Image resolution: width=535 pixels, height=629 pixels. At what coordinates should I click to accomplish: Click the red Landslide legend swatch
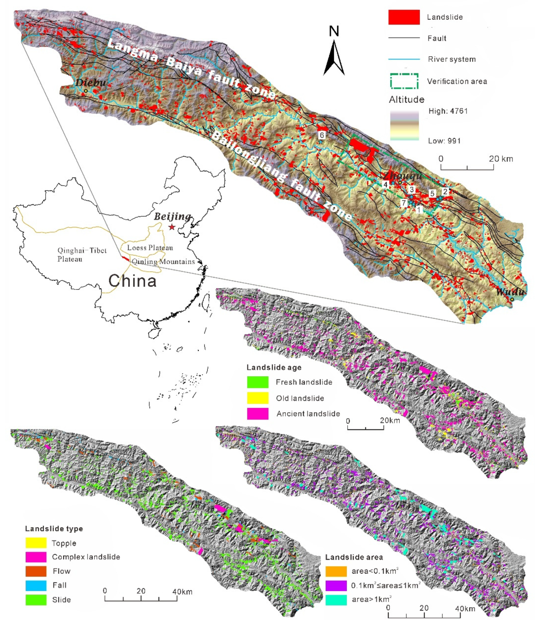tap(404, 17)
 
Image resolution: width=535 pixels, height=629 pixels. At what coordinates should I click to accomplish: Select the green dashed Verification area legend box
tap(404, 81)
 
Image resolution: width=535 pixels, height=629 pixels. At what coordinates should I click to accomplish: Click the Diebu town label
tap(91, 82)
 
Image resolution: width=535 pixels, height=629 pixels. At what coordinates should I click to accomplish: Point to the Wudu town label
tap(510, 292)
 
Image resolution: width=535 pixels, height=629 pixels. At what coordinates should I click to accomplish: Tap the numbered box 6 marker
tap(322, 135)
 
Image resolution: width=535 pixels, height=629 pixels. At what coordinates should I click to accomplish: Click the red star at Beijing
tap(172, 227)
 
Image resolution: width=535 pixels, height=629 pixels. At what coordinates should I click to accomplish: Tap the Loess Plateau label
tap(150, 248)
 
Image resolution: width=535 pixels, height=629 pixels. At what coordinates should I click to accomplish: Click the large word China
tap(133, 281)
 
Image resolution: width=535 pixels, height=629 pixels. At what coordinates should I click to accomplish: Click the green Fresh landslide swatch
tap(257, 382)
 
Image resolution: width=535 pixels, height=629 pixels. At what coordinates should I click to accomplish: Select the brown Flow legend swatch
tap(36, 571)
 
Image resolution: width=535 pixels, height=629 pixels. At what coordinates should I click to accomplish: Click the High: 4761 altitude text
tap(448, 111)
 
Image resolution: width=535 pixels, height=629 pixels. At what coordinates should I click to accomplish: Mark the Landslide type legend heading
tap(54, 529)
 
